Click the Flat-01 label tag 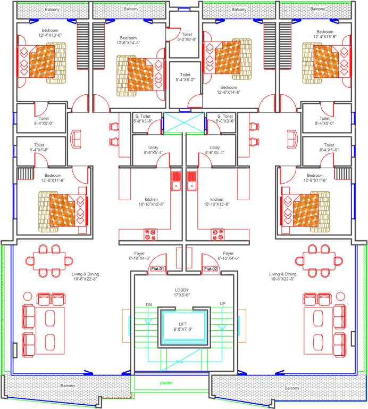[x=158, y=269]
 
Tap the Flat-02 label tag [x=211, y=269]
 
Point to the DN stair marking [x=149, y=305]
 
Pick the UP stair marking [x=222, y=304]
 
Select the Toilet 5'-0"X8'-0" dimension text [x=184, y=39]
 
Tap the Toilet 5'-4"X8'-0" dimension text [x=185, y=80]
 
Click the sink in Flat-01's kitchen [x=176, y=181]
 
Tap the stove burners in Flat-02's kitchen [x=218, y=233]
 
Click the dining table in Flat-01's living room [x=53, y=260]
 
